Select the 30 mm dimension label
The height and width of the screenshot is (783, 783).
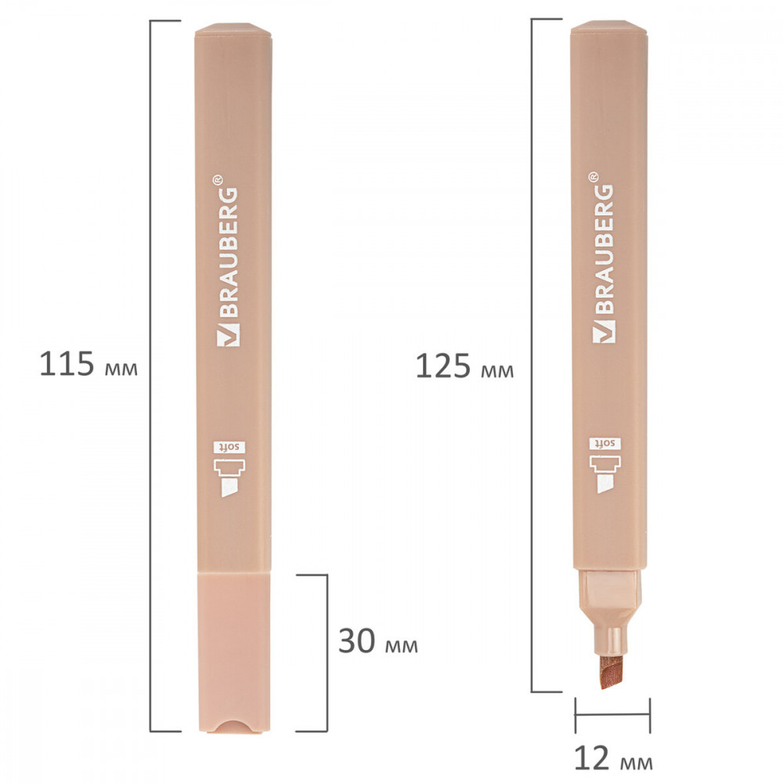(378, 641)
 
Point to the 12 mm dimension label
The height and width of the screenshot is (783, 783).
(613, 757)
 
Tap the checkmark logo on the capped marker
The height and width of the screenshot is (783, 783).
(228, 335)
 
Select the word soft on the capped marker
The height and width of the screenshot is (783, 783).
(229, 447)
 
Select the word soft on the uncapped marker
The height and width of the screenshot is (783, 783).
(605, 443)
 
